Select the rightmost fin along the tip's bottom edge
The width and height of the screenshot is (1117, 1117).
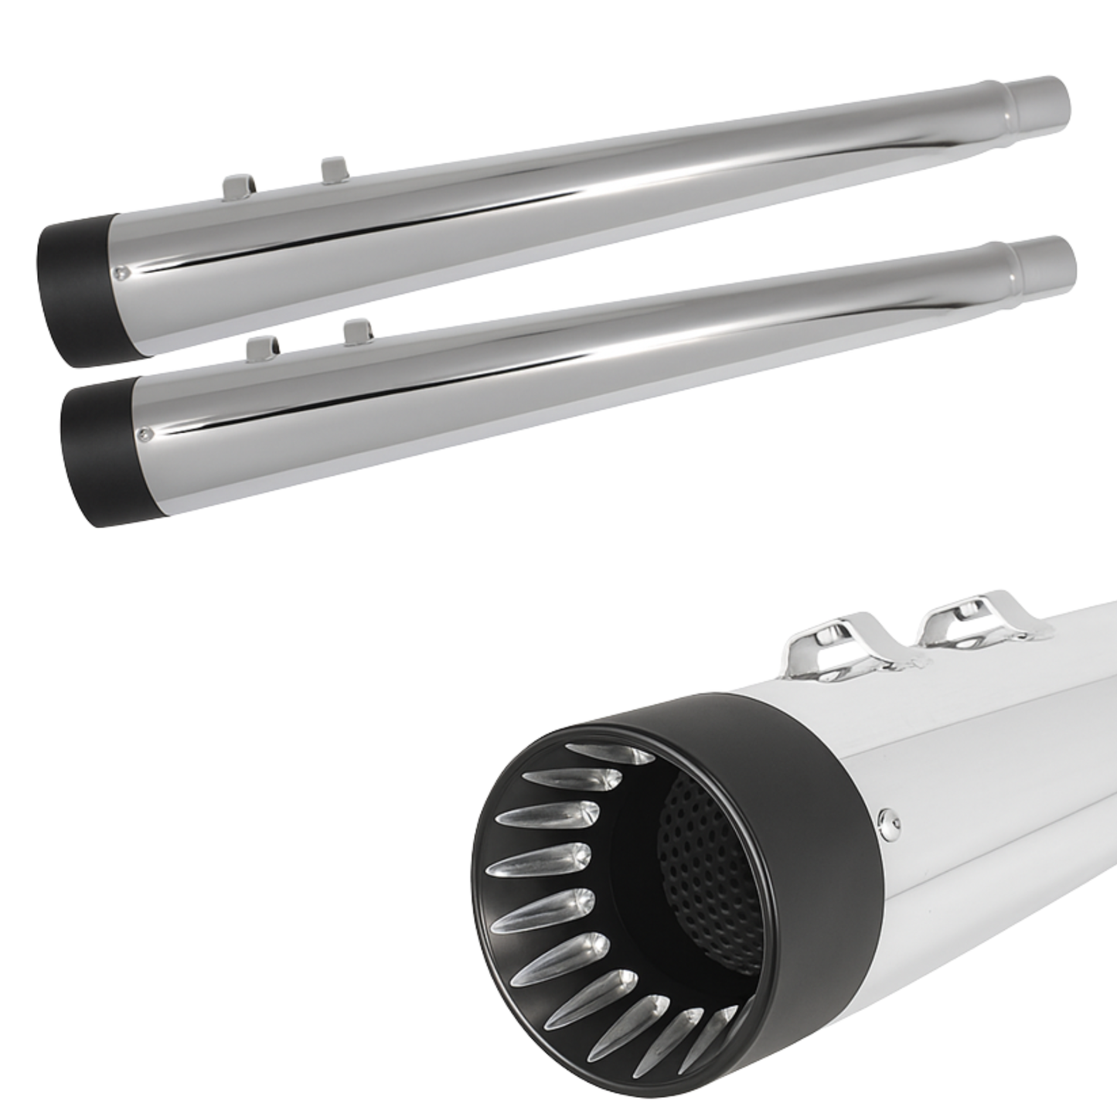pyautogui.click(x=723, y=1028)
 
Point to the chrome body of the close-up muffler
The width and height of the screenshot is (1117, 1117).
pyautogui.click(x=1005, y=812)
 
